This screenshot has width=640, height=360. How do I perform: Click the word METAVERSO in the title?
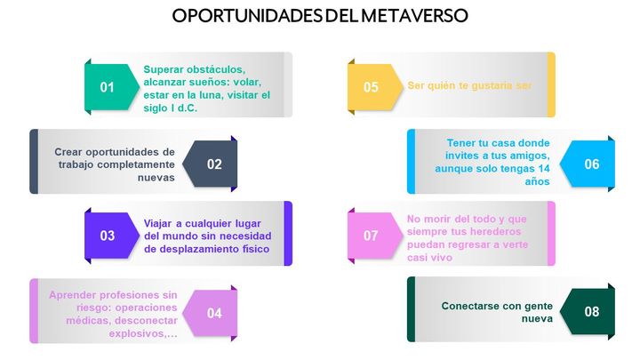point(414,15)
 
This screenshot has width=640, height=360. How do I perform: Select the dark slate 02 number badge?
point(210,164)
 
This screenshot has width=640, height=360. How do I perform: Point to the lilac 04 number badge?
point(210,313)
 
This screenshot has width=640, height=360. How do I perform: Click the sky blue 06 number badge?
point(588,164)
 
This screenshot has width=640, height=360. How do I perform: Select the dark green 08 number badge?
point(588,311)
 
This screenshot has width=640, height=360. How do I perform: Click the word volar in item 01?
point(246,82)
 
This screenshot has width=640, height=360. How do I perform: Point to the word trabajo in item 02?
point(76,164)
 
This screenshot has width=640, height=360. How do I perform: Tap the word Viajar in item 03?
point(158,224)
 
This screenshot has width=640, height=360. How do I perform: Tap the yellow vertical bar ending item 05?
point(551,84)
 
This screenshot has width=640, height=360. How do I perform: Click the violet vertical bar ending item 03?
point(288,234)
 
